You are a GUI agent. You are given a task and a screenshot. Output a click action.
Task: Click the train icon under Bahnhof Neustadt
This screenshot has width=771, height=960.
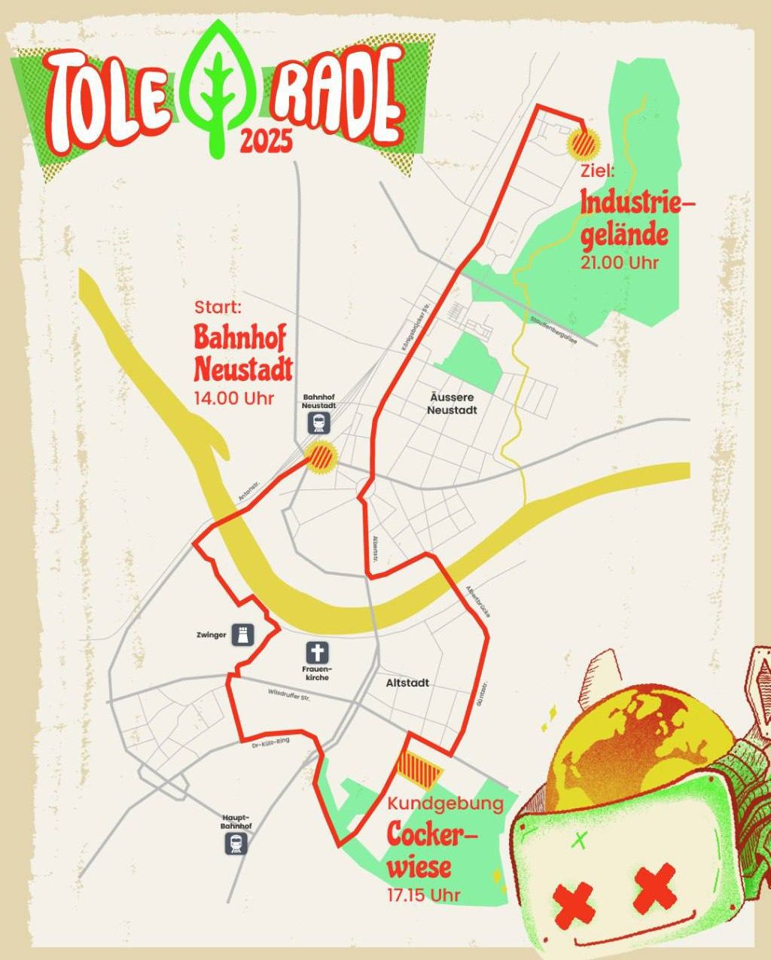coord(319,423)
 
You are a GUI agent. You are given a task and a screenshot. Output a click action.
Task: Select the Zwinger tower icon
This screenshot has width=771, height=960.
coord(243,635)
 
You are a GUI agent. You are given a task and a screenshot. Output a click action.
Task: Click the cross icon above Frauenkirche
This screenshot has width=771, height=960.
coord(317,653)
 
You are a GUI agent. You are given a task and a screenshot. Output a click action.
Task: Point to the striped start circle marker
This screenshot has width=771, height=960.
coord(322,457)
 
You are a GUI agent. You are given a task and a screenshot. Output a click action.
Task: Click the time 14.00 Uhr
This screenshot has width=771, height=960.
coord(233,398)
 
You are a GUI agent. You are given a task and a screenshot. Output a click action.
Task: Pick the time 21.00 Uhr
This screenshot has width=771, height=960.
coord(620,263)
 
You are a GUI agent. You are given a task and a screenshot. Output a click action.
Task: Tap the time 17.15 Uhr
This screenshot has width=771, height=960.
coord(423,895)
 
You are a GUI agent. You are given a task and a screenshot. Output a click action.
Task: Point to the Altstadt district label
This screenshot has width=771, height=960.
coord(407,683)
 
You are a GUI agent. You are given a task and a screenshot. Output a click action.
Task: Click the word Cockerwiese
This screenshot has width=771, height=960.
coord(431,850)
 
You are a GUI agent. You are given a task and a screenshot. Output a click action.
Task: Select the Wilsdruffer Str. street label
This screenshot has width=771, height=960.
coord(289,696)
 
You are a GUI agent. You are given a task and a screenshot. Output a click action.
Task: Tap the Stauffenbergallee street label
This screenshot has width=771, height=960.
coord(553,329)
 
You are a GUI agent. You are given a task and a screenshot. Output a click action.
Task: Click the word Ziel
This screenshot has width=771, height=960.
coord(598,171)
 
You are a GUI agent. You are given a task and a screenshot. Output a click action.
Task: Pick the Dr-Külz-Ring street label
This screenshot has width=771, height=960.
coord(270,743)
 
